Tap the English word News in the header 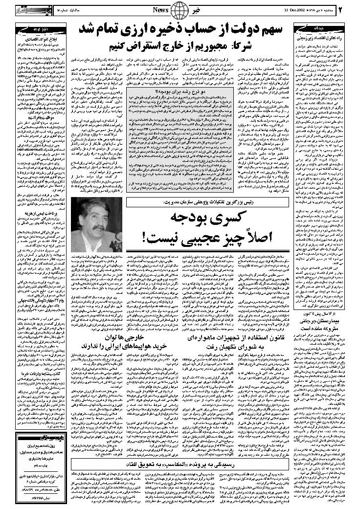click(160, 10)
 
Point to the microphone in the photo click(119, 237)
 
